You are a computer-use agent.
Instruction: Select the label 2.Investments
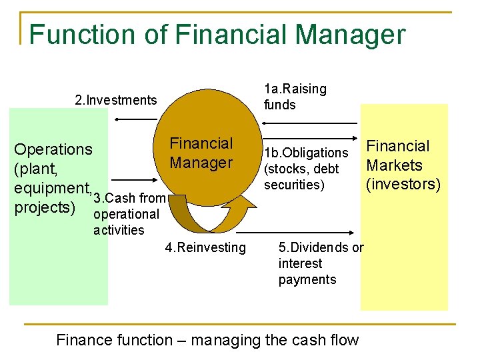click(x=116, y=101)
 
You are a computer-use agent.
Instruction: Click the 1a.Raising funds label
click(x=295, y=97)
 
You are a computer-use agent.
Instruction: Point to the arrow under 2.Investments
click(x=135, y=119)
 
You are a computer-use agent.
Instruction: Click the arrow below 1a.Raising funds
click(x=311, y=123)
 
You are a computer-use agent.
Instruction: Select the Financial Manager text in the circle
click(x=201, y=153)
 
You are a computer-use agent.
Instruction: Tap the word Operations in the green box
click(x=53, y=149)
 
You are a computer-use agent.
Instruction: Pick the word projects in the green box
click(x=43, y=207)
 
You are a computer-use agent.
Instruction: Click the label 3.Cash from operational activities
click(x=128, y=214)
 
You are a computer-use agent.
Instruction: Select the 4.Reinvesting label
click(x=205, y=248)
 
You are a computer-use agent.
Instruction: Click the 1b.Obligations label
click(x=306, y=153)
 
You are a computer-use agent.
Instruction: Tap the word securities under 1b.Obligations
click(x=294, y=185)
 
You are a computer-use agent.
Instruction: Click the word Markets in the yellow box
click(x=395, y=165)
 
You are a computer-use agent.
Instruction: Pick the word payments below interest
click(x=307, y=279)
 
